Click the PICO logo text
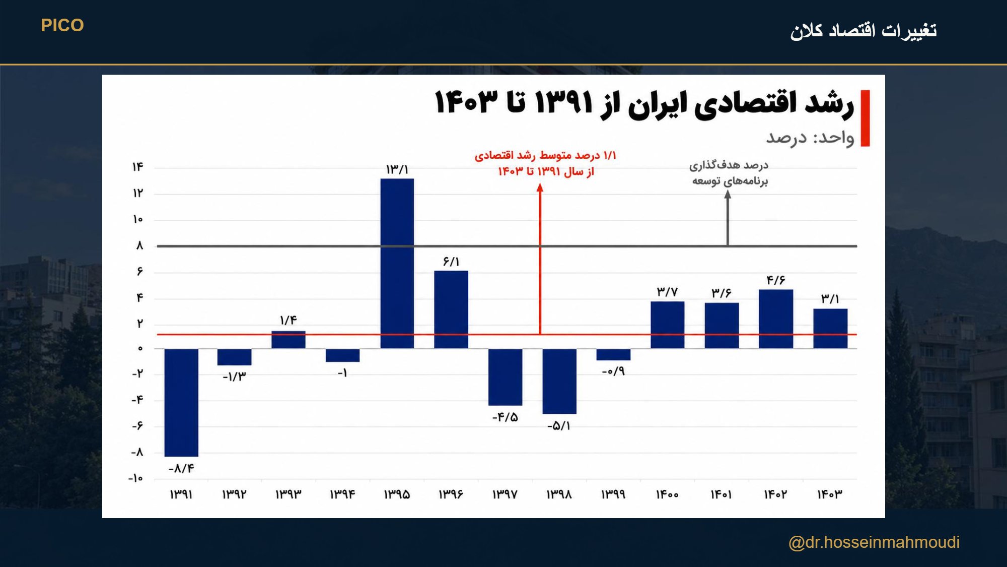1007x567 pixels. pos(62,25)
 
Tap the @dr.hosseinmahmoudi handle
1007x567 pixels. pos(874,542)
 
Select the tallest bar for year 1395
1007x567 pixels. pos(397,263)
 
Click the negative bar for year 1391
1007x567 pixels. pos(181,402)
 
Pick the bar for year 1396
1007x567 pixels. pos(451,309)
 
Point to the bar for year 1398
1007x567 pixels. pos(559,381)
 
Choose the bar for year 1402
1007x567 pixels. pos(776,319)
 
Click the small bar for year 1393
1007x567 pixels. pos(289,340)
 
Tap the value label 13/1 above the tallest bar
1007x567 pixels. pos(397,170)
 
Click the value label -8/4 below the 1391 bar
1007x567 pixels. pos(181,469)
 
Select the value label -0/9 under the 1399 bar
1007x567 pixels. pos(613,371)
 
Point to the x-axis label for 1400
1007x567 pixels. pos(667,494)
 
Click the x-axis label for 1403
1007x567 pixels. pos(830,494)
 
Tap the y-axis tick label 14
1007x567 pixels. pos(138,167)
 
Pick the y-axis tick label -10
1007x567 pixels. pos(136,478)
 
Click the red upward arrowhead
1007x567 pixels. pos(540,187)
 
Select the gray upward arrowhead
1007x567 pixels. pos(728,195)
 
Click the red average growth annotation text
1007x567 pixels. pos(546,163)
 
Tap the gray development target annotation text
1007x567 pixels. pos(729,173)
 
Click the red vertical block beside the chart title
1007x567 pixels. pos(866,118)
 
